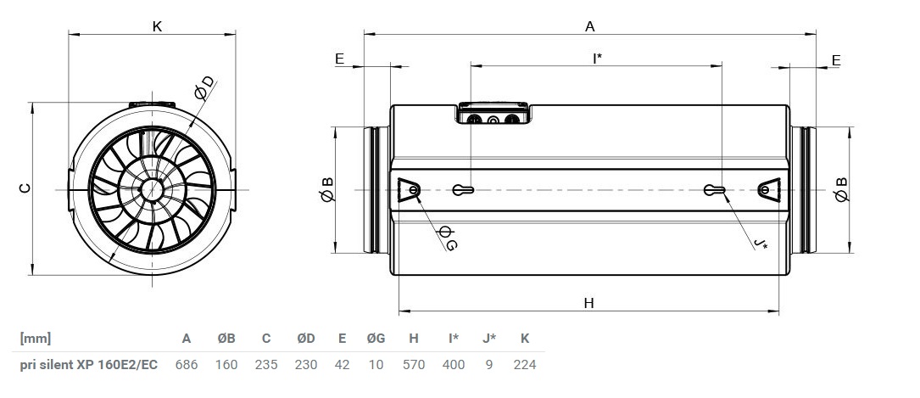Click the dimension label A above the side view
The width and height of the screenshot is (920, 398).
pyautogui.click(x=590, y=26)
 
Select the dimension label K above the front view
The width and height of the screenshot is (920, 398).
pyautogui.click(x=157, y=26)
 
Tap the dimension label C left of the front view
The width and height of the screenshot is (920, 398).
pyautogui.click(x=24, y=188)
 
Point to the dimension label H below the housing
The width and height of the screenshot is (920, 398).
pyautogui.click(x=589, y=303)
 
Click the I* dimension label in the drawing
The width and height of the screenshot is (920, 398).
pyautogui.click(x=597, y=58)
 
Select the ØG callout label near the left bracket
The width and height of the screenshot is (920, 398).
pyautogui.click(x=447, y=238)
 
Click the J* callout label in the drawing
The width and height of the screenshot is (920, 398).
pyautogui.click(x=761, y=243)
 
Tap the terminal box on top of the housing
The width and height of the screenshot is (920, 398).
pyautogui.click(x=493, y=114)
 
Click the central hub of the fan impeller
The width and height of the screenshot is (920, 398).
pyautogui.click(x=152, y=189)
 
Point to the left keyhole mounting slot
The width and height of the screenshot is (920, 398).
pyautogui.click(x=463, y=189)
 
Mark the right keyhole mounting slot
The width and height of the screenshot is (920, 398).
pyautogui.click(x=714, y=189)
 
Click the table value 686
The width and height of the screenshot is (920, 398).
pyautogui.click(x=187, y=365)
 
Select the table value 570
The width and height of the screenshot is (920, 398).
pyautogui.click(x=414, y=365)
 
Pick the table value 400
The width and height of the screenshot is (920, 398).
pyautogui.click(x=454, y=365)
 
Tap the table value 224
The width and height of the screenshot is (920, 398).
pyautogui.click(x=525, y=365)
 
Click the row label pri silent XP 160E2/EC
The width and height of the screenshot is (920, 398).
pyautogui.click(x=88, y=365)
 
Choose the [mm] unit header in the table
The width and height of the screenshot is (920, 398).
pyautogui.click(x=36, y=338)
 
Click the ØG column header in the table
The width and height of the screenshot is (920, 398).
pyautogui.click(x=376, y=338)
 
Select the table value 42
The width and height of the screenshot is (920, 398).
pyautogui.click(x=342, y=365)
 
